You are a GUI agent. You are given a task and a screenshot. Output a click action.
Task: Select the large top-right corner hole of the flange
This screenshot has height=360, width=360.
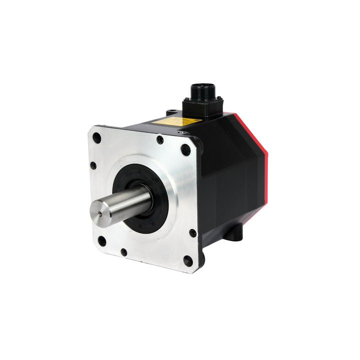point(185,149)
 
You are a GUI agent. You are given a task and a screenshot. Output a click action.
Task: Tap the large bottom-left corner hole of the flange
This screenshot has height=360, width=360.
point(101,240)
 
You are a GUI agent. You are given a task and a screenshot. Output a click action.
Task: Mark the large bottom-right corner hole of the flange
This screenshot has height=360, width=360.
point(188,261)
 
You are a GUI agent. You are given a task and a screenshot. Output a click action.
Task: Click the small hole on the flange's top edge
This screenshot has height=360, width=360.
point(160,140)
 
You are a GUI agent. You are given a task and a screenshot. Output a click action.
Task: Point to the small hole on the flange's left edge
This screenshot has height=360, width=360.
point(93,165)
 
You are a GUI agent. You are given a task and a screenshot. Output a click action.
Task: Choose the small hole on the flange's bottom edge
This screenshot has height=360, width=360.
point(123,252)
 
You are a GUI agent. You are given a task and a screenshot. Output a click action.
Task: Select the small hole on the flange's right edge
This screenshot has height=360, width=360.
point(192,233)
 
